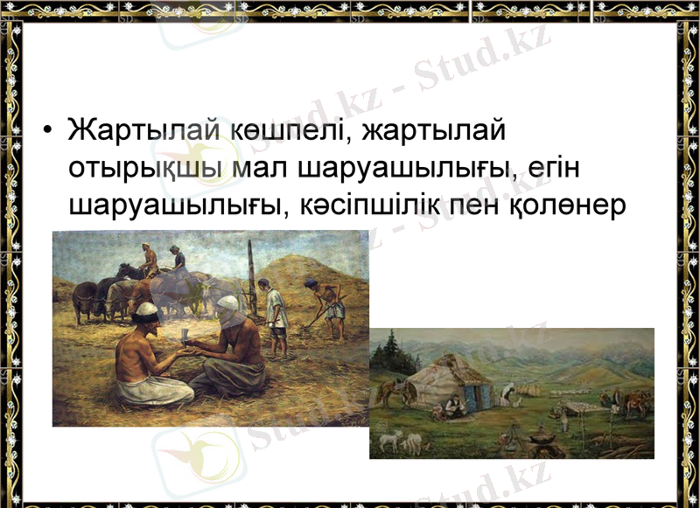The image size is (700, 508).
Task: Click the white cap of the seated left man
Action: pyautogui.click(x=147, y=309)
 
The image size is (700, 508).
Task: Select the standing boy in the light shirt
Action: pyautogui.click(x=275, y=315)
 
